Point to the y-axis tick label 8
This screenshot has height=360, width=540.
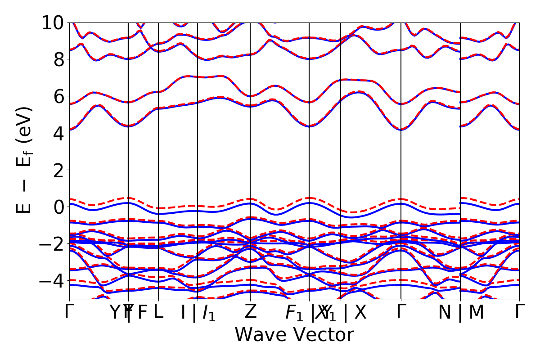59,59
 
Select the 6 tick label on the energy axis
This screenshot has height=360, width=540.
59,96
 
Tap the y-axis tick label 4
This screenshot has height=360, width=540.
59,133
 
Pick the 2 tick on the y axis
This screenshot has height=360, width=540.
59,170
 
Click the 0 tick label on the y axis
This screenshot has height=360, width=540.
59,207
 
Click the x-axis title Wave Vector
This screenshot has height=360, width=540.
294,335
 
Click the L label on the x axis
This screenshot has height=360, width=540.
158,312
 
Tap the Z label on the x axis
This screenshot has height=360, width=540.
250,312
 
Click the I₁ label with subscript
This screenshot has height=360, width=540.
209,313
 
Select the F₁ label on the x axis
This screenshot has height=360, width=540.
295,313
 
